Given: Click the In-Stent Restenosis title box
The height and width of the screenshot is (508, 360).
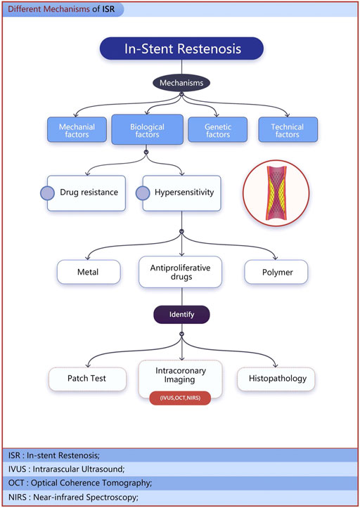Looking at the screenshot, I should pyautogui.click(x=181, y=48).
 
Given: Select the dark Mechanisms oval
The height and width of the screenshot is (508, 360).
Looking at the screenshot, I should pyautogui.click(x=182, y=83).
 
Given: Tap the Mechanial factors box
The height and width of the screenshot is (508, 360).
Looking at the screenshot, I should pyautogui.click(x=77, y=129).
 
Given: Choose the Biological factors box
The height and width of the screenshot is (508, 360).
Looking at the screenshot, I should pyautogui.click(x=146, y=129).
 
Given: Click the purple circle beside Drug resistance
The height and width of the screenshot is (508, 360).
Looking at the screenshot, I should pyautogui.click(x=47, y=193).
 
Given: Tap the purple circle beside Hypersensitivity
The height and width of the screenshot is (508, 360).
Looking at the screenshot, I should pyautogui.click(x=143, y=193).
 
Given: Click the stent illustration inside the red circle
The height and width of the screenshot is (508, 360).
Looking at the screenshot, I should pyautogui.click(x=275, y=193).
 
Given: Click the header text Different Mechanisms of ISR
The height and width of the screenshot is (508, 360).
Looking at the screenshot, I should pyautogui.click(x=63, y=9).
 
